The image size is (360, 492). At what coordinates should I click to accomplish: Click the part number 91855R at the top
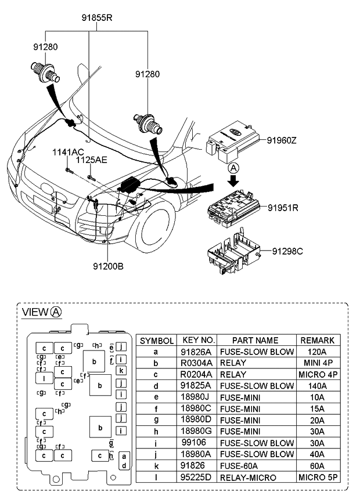tap(96, 17)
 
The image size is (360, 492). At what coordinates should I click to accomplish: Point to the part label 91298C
tap(288, 251)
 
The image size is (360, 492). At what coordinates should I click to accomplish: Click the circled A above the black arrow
tap(233, 167)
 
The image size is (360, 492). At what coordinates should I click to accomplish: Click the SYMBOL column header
tap(156, 341)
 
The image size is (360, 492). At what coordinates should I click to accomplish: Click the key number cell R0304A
tap(198, 363)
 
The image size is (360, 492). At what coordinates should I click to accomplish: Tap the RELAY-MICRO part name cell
tap(255, 477)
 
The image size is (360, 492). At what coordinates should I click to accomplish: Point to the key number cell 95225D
tap(198, 477)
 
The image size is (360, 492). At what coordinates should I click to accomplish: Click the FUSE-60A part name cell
tap(255, 465)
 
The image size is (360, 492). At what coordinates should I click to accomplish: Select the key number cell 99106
tap(198, 443)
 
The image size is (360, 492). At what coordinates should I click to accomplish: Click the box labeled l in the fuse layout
tap(44, 379)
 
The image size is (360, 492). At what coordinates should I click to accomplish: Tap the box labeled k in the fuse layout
tap(121, 371)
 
